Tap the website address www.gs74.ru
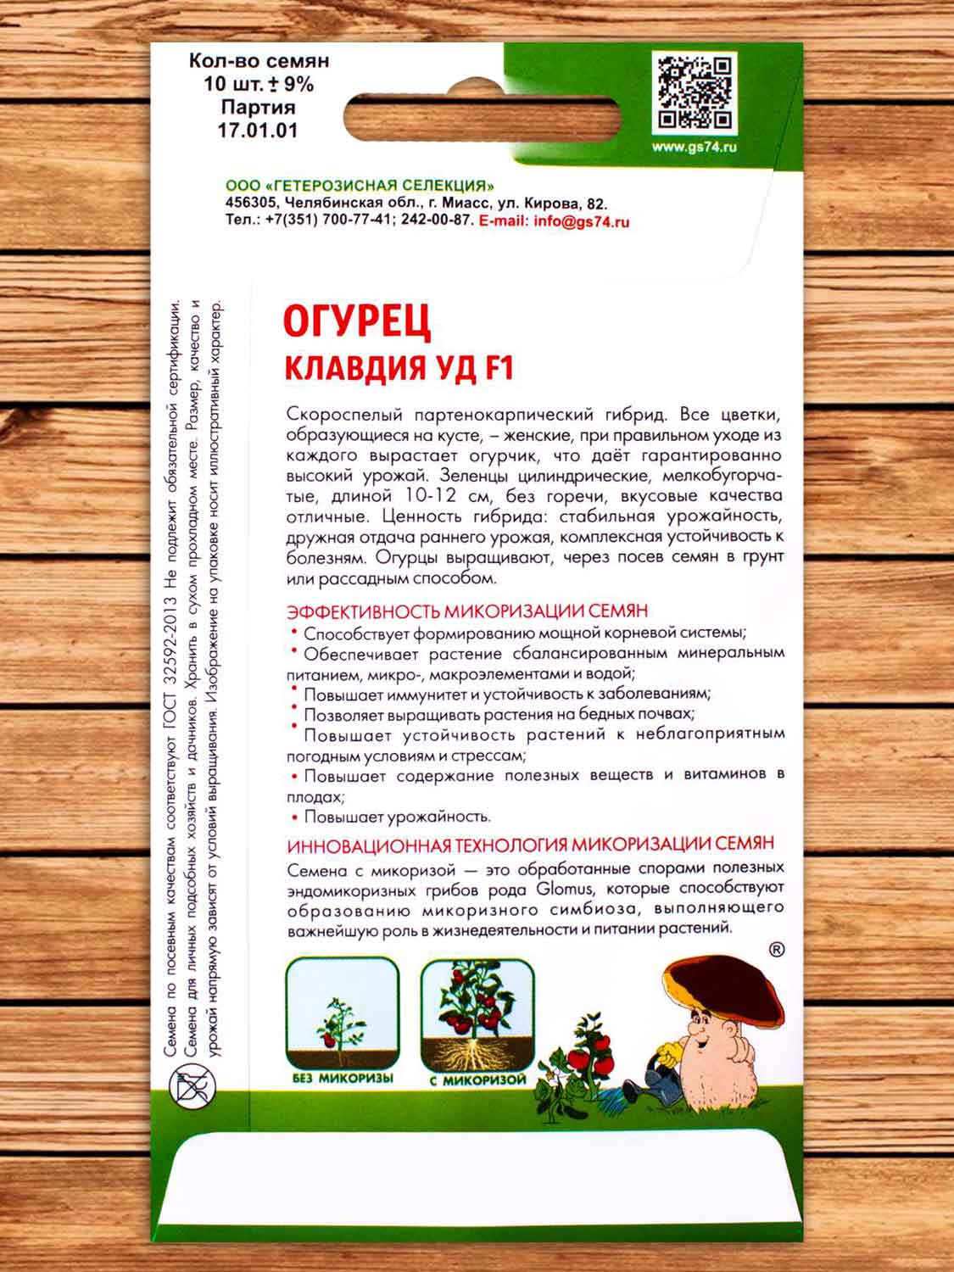point(695,148)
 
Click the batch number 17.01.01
point(258,131)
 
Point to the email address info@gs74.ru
point(579,222)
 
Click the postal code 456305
point(251,204)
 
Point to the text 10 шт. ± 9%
point(258,85)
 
